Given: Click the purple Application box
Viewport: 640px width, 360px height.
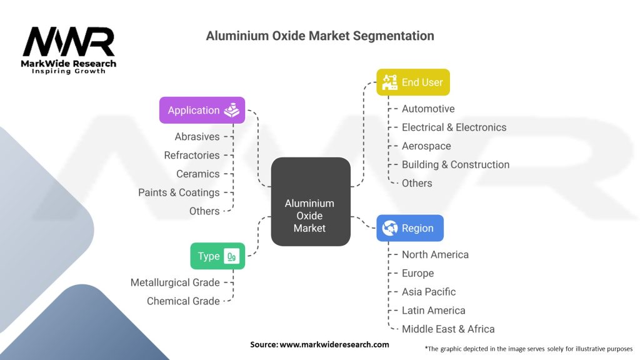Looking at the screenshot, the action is (x=202, y=110).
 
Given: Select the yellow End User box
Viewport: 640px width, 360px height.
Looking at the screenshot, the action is (x=412, y=82).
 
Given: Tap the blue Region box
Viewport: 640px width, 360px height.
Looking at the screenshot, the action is (x=410, y=228).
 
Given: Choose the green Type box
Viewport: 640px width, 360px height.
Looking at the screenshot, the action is (x=217, y=256).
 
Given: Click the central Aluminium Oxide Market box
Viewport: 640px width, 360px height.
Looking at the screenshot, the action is (x=310, y=201).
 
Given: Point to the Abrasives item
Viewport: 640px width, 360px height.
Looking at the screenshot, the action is (x=197, y=136).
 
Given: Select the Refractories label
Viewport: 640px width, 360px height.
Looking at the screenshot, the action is (x=192, y=155).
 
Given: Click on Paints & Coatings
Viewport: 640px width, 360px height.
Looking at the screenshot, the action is (x=179, y=192).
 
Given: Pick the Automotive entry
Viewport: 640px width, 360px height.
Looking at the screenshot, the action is (x=428, y=109).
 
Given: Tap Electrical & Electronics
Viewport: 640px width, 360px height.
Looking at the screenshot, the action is (x=454, y=127).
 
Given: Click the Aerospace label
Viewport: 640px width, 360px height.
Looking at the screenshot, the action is (x=426, y=146).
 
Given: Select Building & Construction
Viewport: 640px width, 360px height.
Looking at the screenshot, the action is (x=456, y=165).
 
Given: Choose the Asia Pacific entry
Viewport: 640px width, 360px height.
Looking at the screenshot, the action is (x=429, y=292).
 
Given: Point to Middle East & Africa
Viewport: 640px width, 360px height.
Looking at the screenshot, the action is (x=448, y=329).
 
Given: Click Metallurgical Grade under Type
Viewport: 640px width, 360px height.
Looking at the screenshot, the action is (x=175, y=282).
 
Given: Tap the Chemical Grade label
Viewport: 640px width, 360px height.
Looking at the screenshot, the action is (x=183, y=301).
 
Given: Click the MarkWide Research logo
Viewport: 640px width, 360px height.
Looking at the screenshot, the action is (x=69, y=51).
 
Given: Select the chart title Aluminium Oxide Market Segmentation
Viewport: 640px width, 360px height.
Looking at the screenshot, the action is (x=320, y=36).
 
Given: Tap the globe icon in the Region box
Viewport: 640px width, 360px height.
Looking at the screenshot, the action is (x=390, y=228).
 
